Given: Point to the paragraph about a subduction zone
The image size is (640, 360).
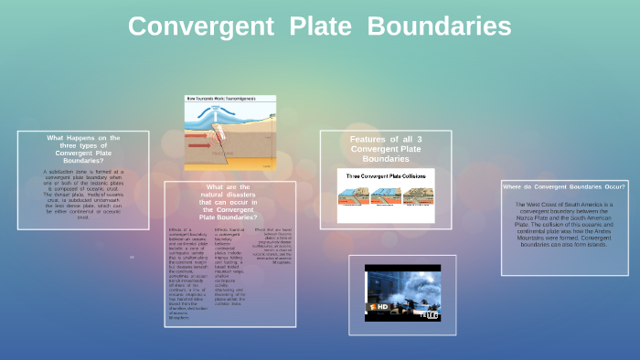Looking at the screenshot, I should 83,194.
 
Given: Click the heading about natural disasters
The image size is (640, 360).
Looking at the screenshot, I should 229,203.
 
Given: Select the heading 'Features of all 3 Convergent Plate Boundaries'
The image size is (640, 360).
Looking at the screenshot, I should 385,148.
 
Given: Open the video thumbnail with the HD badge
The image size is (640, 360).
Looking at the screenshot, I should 402,292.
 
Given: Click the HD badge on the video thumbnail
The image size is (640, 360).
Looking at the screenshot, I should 381,306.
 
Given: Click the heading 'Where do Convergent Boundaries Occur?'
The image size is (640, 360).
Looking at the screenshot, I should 562,186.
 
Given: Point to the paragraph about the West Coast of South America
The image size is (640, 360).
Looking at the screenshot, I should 562,224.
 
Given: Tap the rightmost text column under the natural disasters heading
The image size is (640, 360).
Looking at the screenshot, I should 272,249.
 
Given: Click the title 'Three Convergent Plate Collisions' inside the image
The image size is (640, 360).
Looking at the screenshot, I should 385,174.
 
